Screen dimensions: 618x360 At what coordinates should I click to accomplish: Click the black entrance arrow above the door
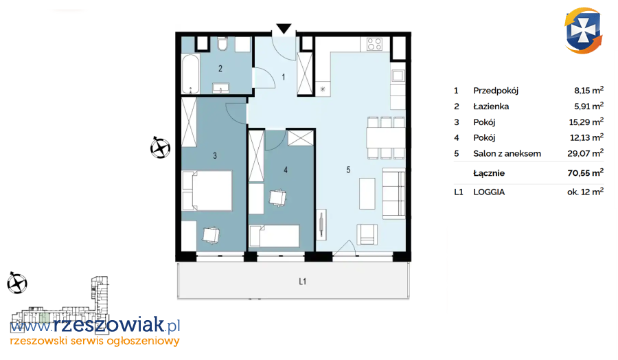[x=284, y=29]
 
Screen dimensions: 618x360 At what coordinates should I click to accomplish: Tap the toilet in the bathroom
[x=222, y=44]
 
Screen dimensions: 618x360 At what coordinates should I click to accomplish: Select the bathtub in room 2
[x=190, y=74]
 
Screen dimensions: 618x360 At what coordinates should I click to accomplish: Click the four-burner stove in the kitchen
[x=374, y=44]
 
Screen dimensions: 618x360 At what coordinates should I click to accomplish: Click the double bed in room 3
[x=207, y=190]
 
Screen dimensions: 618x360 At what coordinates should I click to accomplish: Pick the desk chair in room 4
[x=277, y=198]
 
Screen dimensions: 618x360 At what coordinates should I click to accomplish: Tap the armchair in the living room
[x=367, y=234]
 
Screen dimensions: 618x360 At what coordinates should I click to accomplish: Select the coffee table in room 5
[x=367, y=194]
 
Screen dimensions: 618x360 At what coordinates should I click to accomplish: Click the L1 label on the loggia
[x=302, y=282]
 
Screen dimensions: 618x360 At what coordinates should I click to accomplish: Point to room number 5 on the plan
[x=348, y=170]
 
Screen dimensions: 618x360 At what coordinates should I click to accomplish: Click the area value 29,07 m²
[x=585, y=153]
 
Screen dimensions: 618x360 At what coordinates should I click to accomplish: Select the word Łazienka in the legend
[x=491, y=106]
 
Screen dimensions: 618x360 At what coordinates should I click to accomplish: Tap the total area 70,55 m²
[x=585, y=172]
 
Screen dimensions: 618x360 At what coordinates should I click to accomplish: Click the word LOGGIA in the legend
[x=489, y=192]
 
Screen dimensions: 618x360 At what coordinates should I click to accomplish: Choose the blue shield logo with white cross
[x=583, y=31]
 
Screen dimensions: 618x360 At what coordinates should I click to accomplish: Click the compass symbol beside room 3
[x=160, y=148]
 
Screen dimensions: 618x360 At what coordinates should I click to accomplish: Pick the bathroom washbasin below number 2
[x=220, y=87]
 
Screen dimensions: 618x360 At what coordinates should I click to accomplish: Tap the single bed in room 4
[x=274, y=236]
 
